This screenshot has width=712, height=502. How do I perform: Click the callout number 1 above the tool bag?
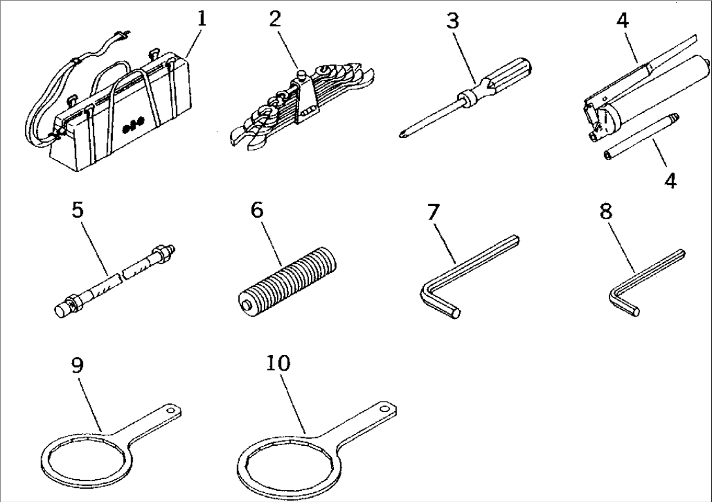[201, 18]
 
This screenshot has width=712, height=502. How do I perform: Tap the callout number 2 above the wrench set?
[275, 18]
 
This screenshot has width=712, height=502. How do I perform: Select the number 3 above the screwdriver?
[453, 20]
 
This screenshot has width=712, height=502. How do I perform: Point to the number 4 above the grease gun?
[623, 20]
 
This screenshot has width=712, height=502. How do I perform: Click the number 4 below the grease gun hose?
[670, 180]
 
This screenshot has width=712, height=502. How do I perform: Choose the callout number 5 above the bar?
[77, 210]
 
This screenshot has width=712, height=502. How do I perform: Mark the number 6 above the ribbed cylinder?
[257, 210]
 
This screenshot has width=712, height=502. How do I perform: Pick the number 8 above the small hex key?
[606, 212]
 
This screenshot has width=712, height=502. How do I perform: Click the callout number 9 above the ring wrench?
[77, 365]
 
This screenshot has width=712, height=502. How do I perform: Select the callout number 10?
[278, 363]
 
